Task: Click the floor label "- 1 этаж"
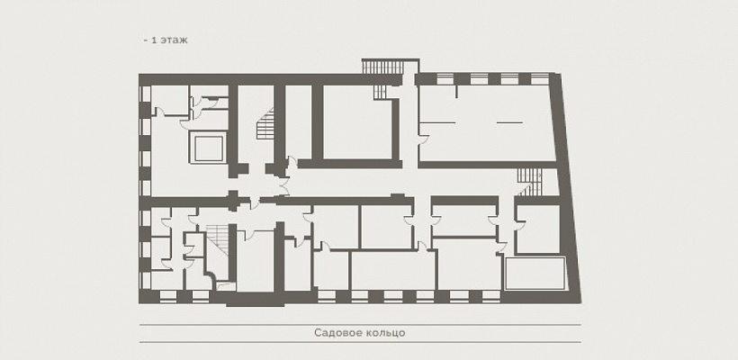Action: [x=165, y=41]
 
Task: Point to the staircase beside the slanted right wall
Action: [x=529, y=180]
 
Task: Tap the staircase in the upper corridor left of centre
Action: [x=265, y=126]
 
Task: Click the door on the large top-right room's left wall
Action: [x=423, y=140]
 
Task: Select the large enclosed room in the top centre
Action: [x=358, y=121]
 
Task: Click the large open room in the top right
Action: [x=486, y=121]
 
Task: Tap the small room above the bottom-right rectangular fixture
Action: [x=537, y=230]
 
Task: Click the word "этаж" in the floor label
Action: [x=175, y=41]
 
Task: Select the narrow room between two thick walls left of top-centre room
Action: [x=298, y=121]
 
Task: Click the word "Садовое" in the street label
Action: [x=337, y=333]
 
